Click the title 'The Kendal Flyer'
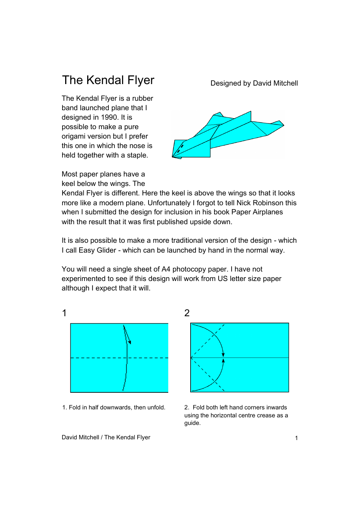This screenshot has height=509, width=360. point(108,80)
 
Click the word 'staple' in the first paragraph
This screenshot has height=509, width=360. point(137,155)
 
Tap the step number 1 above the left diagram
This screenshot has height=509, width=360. point(64,313)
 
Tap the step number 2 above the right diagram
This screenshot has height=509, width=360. point(187,313)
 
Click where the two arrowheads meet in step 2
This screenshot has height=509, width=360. point(223,357)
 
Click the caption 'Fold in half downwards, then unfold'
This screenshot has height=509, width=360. point(114,408)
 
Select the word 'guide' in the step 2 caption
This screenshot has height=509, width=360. point(192,423)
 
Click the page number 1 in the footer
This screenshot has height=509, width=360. point(296,438)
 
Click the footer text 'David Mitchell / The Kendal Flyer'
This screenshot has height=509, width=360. point(106,437)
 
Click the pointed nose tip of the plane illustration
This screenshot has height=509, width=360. point(172,157)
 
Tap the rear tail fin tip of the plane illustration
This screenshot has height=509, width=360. point(283,125)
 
